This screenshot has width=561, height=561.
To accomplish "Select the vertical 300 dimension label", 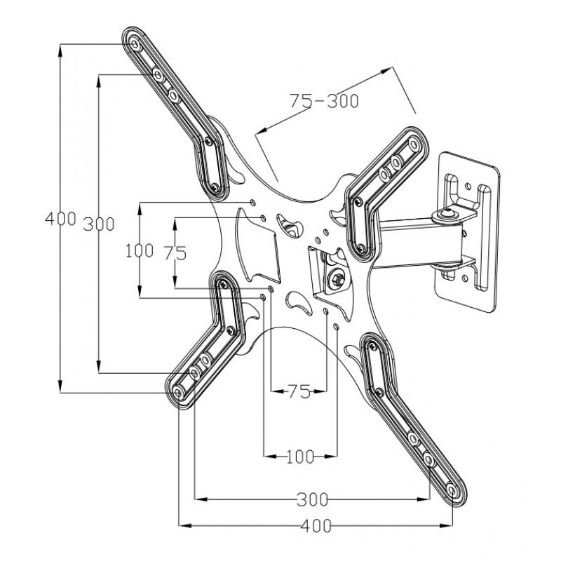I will click(x=98, y=224).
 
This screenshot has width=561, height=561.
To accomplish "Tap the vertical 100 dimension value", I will click(x=140, y=250).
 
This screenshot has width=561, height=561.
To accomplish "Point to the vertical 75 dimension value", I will click(x=175, y=252).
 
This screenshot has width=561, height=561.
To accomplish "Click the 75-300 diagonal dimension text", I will click(x=324, y=101).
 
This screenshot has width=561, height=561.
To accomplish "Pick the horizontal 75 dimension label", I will click(x=299, y=392).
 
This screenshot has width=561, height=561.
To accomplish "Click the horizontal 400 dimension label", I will click(x=316, y=525).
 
